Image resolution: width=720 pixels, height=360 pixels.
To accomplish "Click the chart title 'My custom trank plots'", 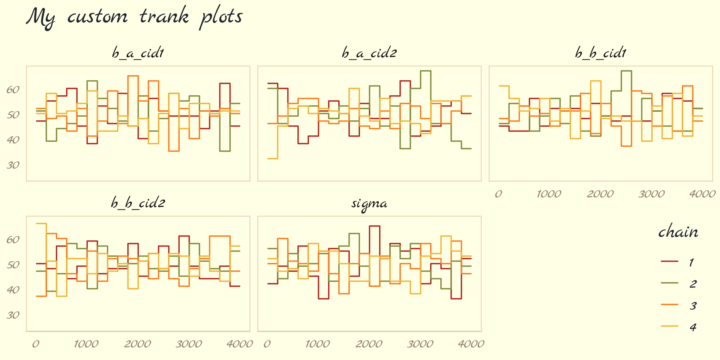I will pyautogui.click(x=134, y=17).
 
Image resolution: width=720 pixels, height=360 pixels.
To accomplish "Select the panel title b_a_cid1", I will pyautogui.click(x=138, y=53).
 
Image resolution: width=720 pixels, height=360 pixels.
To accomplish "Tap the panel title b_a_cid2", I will pyautogui.click(x=369, y=53).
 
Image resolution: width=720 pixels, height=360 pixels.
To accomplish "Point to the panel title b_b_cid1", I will pyautogui.click(x=601, y=53).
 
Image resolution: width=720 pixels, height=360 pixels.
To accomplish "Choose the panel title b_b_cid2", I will pyautogui.click(x=138, y=203).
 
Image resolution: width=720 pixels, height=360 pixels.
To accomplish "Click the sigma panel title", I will pyautogui.click(x=369, y=204).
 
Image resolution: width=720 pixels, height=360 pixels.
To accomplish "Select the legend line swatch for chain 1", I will pyautogui.click(x=669, y=261).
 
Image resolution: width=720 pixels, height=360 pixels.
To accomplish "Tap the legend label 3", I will pyautogui.click(x=693, y=306).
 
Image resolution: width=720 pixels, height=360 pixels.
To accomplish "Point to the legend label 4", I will pyautogui.click(x=693, y=327).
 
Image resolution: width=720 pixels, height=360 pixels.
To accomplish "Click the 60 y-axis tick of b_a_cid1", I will pyautogui.click(x=13, y=90).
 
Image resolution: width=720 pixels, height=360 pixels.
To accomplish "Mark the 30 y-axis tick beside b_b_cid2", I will pyautogui.click(x=13, y=315).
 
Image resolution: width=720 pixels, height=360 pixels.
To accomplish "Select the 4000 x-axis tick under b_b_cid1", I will pyautogui.click(x=702, y=194).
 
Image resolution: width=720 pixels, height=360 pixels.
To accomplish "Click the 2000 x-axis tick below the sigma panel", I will pyautogui.click(x=369, y=344).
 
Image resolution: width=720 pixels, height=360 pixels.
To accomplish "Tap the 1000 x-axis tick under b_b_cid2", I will pyautogui.click(x=86, y=344).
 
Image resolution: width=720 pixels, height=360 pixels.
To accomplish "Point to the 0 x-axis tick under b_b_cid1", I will pyautogui.click(x=498, y=194).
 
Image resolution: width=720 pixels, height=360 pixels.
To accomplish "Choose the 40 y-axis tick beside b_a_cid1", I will pyautogui.click(x=13, y=140).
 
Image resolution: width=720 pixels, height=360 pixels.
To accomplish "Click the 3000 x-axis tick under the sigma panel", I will pyautogui.click(x=420, y=344).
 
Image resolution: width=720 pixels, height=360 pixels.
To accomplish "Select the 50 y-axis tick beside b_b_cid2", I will pyautogui.click(x=13, y=265).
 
